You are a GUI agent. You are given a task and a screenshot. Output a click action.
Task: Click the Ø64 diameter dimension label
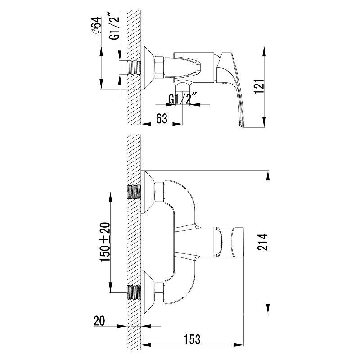tap(96, 26)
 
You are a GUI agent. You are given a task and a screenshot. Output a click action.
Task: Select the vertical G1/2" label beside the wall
tap(114, 28)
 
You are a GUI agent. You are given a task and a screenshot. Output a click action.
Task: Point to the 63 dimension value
tap(162, 118)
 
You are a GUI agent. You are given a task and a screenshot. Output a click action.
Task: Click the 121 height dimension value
tap(259, 86)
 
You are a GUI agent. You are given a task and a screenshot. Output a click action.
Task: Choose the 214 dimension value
tap(262, 242)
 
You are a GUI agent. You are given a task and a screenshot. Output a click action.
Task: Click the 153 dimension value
tap(192, 339)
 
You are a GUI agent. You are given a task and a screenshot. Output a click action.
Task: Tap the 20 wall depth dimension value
tap(99, 321)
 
